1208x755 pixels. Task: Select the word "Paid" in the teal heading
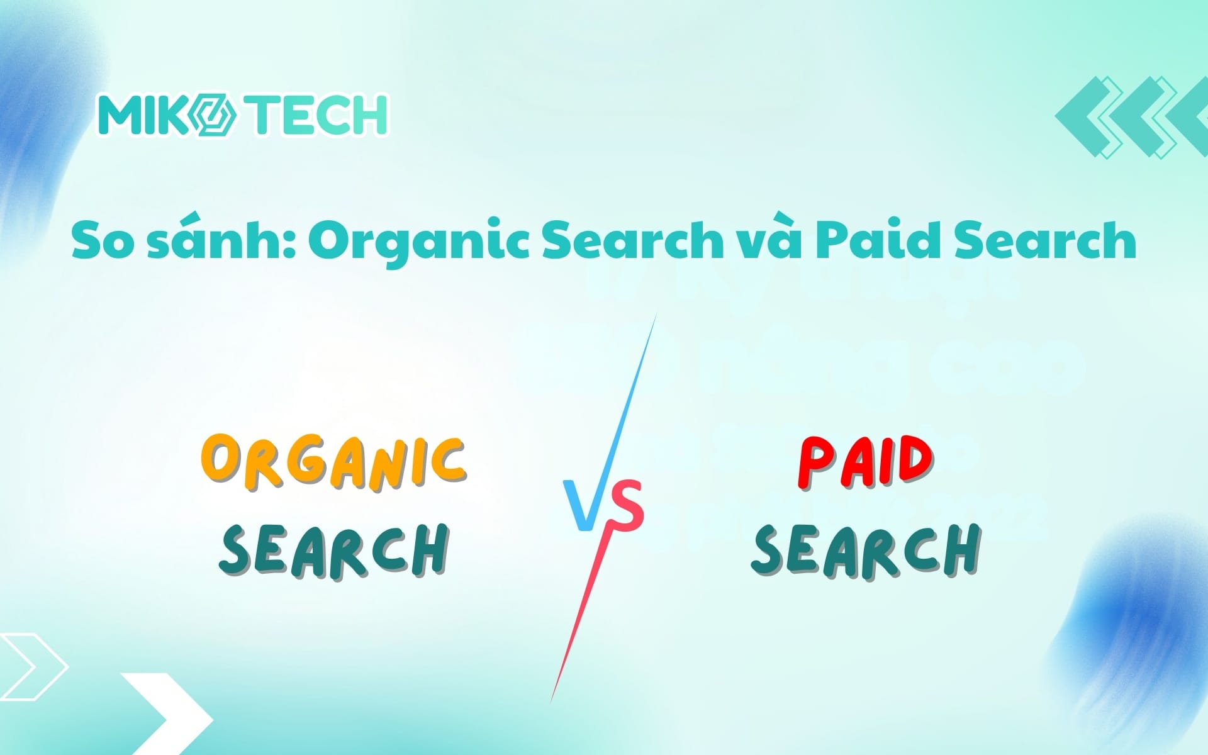tap(880, 240)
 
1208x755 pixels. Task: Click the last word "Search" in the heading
tap(1045, 240)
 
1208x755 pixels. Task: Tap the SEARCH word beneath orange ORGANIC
tap(334, 551)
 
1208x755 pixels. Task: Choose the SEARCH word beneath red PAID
tap(866, 551)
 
